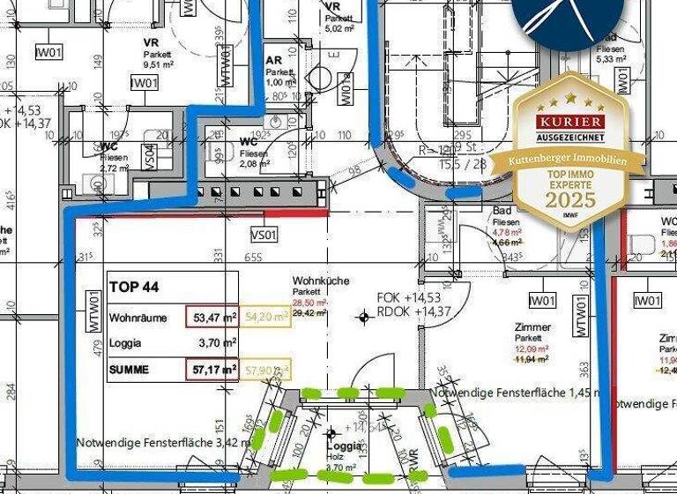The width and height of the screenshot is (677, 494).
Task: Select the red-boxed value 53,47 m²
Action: point(212,317)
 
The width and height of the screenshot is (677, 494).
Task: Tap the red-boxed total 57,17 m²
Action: point(212,370)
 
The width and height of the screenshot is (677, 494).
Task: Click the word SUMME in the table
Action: point(130,370)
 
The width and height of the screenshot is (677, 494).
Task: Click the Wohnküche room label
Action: point(321,281)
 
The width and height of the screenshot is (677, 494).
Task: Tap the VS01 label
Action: point(264,235)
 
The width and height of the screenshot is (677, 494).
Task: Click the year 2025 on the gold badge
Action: point(571,199)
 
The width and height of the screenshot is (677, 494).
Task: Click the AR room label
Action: point(274,60)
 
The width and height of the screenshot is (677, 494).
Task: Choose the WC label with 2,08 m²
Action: point(249,141)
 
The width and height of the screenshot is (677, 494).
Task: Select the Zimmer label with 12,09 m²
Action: point(533,327)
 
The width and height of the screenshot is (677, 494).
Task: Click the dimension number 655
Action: point(254,257)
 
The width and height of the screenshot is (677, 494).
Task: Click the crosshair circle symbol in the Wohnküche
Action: point(364,317)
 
